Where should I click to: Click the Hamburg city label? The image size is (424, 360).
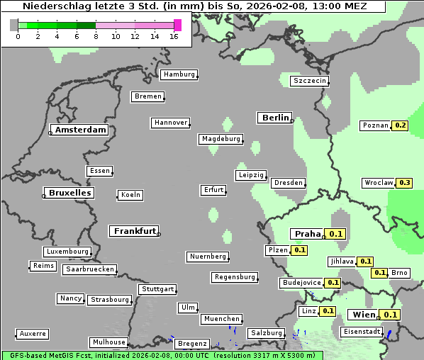pyautogui.click(x=179, y=74)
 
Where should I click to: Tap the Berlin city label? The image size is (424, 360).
pyautogui.click(x=275, y=118)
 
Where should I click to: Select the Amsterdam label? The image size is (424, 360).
pyautogui.click(x=80, y=130)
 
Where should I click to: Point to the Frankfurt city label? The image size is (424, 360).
pyautogui.click(x=135, y=231)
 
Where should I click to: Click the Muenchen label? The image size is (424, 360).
pyautogui.click(x=222, y=320)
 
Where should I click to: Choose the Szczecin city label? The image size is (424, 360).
pyautogui.click(x=310, y=81)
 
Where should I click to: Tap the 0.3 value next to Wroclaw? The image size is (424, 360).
pyautogui.click(x=405, y=183)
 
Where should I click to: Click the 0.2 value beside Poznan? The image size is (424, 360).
pyautogui.click(x=401, y=125)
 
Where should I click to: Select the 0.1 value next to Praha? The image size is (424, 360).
pyautogui.click(x=336, y=234)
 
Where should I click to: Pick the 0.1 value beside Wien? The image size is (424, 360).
pyautogui.click(x=391, y=315)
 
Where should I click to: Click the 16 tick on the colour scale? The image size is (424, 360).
pyautogui.click(x=174, y=37)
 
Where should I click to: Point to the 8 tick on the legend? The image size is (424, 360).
pyautogui.click(x=96, y=37)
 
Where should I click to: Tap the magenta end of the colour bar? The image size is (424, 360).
pyautogui.click(x=177, y=25)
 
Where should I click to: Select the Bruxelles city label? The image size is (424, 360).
pyautogui.click(x=69, y=193)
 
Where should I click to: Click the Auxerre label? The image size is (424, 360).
pyautogui.click(x=33, y=333)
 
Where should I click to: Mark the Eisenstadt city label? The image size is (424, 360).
pyautogui.click(x=362, y=332)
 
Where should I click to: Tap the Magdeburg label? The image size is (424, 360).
pyautogui.click(x=221, y=139)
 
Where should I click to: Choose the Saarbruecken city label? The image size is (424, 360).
pyautogui.click(x=89, y=269)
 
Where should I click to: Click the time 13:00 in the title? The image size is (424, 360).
pyautogui.click(x=331, y=6)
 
